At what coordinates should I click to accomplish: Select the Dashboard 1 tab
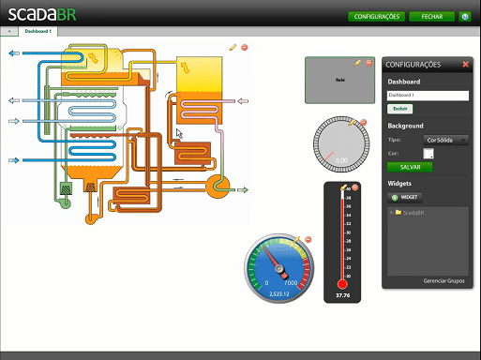click(38, 31)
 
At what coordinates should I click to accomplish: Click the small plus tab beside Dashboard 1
click(8, 31)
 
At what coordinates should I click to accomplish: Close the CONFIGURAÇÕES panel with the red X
click(465, 65)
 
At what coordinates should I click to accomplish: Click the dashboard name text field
click(428, 96)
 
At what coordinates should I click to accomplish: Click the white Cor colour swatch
click(428, 153)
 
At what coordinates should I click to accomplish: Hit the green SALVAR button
click(410, 167)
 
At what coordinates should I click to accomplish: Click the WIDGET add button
click(406, 198)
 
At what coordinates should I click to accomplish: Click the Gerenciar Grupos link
click(443, 280)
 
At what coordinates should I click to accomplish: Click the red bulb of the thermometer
click(341, 283)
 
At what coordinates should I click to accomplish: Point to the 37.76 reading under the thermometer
click(342, 296)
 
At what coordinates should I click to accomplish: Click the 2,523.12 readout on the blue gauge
click(278, 294)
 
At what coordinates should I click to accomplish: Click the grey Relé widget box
click(340, 81)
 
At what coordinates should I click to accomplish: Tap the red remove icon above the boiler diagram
click(245, 47)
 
